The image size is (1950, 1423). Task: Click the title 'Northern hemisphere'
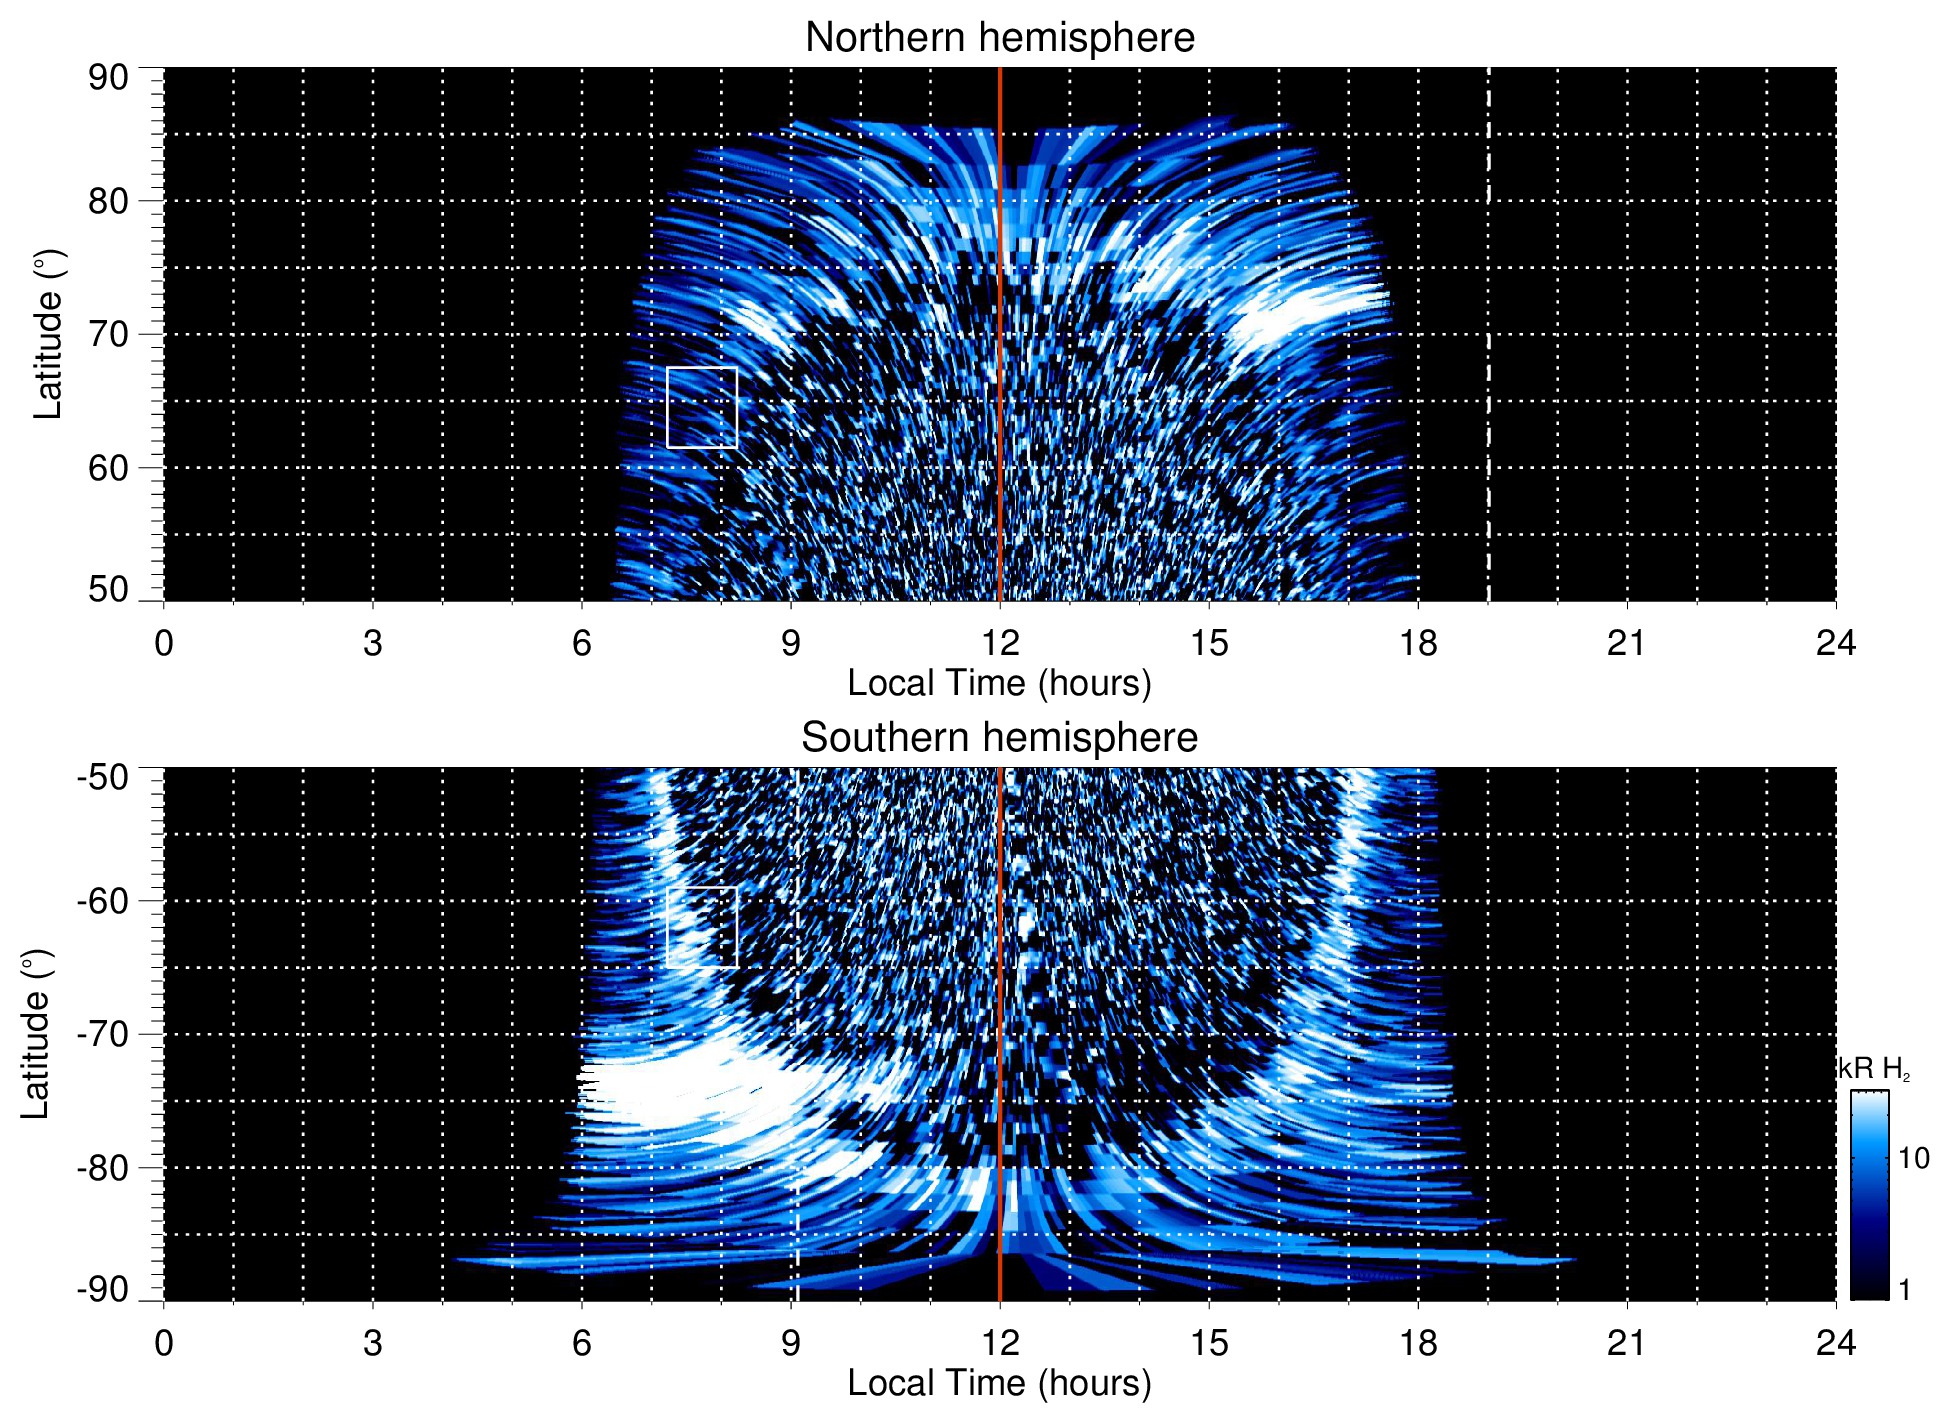999,38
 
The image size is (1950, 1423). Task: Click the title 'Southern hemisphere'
999,738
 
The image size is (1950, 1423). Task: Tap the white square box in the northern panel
702,407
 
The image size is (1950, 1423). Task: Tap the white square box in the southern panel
702,927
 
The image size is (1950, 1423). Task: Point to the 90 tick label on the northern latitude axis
108,78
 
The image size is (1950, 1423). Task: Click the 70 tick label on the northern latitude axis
108,335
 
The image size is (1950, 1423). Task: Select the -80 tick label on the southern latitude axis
102,1168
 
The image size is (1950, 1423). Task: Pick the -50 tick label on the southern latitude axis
102,776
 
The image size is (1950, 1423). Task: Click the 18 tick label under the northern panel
1418,643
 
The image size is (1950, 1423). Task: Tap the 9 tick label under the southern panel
791,1343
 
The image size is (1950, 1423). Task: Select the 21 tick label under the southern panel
1627,1343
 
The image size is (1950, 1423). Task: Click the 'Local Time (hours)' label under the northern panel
999,683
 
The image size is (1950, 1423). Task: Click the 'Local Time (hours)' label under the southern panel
999,1383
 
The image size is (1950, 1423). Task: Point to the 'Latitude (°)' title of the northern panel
48,335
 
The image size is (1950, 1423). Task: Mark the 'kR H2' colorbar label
1873,1069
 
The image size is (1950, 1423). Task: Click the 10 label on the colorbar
1913,1158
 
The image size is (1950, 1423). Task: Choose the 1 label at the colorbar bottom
1904,1290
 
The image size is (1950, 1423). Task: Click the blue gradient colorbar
1869,1195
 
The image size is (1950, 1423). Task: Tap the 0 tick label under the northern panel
164,643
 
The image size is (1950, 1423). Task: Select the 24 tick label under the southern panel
1836,1343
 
